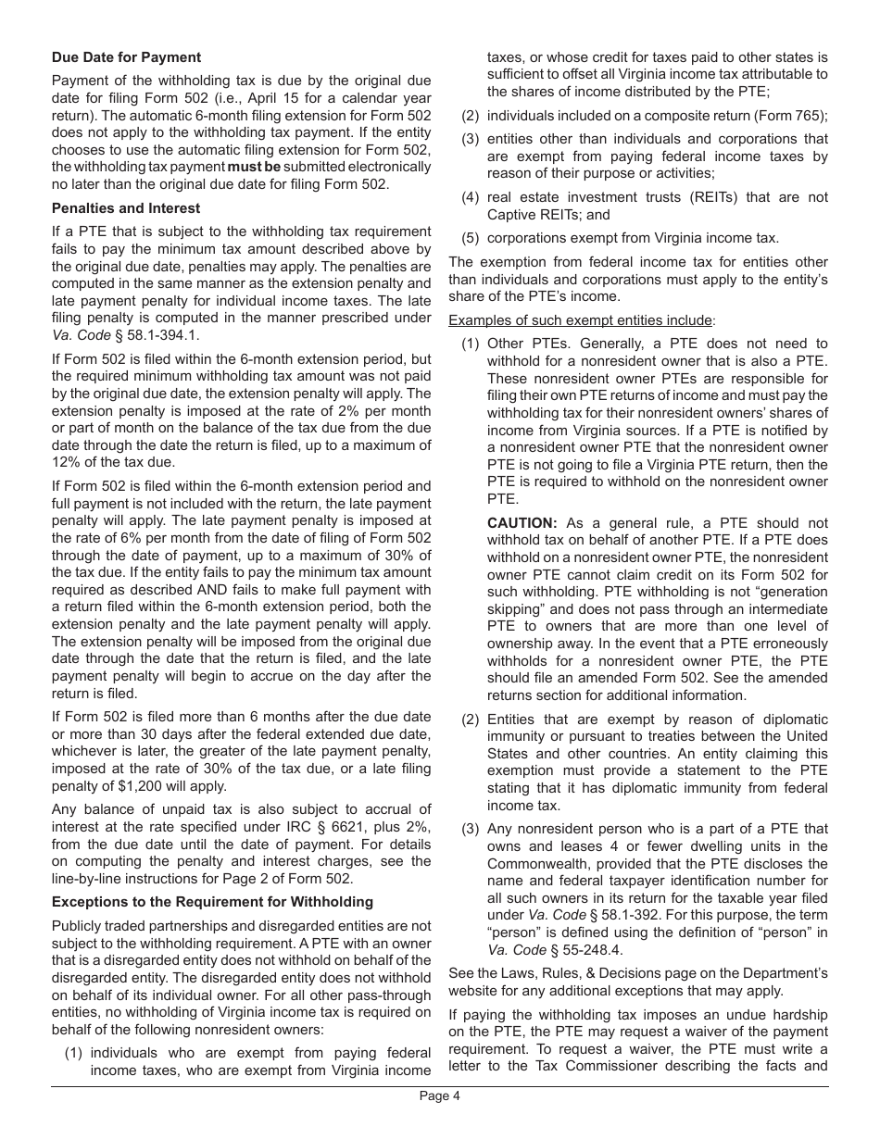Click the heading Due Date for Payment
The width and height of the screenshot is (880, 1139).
click(126, 57)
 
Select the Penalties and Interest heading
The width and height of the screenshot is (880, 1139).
click(126, 208)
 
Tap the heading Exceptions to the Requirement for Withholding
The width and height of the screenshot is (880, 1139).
click(212, 902)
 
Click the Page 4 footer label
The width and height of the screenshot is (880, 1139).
click(439, 1096)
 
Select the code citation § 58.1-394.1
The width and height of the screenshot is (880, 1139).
click(141, 335)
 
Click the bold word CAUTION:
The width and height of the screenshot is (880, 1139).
click(522, 523)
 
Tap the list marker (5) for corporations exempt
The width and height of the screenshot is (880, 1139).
click(471, 238)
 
